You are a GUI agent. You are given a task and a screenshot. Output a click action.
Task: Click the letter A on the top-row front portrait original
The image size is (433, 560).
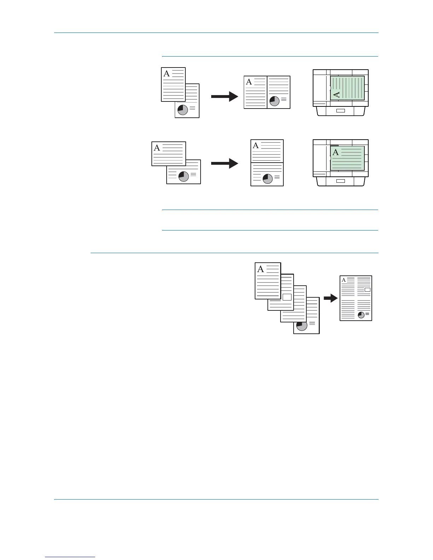tap(167, 74)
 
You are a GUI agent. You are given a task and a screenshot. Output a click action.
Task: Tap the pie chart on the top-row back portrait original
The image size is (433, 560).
tap(183, 110)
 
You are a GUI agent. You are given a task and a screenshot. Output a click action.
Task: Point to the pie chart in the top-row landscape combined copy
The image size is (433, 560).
tap(274, 101)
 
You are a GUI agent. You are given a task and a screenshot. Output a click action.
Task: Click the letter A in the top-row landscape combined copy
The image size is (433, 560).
tap(249, 82)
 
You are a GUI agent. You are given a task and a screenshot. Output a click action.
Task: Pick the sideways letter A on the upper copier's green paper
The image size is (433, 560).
tap(337, 94)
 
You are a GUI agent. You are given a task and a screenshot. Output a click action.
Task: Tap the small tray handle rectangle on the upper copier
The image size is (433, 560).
tap(340, 111)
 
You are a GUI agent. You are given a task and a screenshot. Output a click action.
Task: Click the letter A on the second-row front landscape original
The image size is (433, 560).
tap(157, 148)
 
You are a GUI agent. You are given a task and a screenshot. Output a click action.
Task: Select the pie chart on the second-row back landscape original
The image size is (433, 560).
tap(184, 176)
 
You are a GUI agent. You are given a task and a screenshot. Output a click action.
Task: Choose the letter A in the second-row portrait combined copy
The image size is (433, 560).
tap(256, 146)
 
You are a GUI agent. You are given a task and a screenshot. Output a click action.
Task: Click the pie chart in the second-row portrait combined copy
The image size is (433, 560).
tap(268, 179)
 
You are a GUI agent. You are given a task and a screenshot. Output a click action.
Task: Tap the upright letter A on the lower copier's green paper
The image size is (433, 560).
tap(336, 152)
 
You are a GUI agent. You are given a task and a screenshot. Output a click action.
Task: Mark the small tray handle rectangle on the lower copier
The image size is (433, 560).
tap(340, 181)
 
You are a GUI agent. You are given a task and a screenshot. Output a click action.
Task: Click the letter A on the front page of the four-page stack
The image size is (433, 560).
tap(261, 269)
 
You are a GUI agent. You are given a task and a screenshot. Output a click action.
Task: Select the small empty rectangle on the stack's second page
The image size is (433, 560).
tap(287, 297)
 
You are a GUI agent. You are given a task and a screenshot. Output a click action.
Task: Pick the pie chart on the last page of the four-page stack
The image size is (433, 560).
tap(302, 325)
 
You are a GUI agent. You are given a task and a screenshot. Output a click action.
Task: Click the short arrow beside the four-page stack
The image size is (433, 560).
tap(330, 298)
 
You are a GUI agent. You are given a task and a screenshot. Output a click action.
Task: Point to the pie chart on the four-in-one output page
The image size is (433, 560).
tap(361, 315)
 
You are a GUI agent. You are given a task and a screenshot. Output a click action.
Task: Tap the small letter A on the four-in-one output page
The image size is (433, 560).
tap(343, 280)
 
